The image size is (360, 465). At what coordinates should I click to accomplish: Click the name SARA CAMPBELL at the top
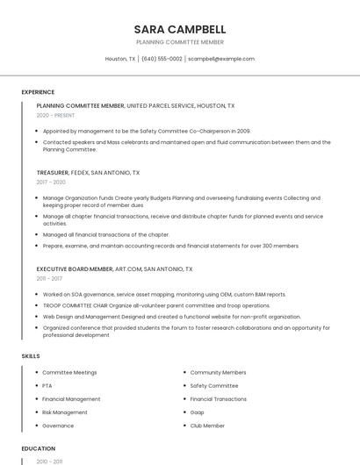[x=180, y=29]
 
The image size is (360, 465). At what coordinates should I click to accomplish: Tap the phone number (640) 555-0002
[x=162, y=59]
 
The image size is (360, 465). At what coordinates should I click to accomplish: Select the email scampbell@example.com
[x=221, y=59]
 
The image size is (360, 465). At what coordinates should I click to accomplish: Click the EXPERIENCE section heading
[x=38, y=92]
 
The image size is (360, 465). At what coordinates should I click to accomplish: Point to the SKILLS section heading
[x=31, y=356]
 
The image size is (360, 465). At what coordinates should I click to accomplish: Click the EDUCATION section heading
[x=38, y=448]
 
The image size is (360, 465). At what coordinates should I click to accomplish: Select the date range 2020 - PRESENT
[x=55, y=115]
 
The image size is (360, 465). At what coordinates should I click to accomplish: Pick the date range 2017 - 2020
[x=51, y=182]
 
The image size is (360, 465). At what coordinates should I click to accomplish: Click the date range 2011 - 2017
[x=50, y=278]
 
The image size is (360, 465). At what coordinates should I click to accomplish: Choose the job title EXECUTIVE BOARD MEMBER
[x=75, y=268]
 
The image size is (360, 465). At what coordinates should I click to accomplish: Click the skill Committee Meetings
[x=69, y=373]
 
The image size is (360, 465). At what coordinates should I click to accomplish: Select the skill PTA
[x=47, y=386]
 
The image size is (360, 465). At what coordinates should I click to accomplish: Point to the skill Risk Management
[x=65, y=412]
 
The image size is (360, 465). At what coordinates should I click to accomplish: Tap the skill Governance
[x=58, y=426]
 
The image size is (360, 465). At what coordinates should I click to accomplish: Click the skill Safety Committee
[x=214, y=386]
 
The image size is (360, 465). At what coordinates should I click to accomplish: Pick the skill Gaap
[x=198, y=412]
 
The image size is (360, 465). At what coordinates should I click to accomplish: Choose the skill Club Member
[x=207, y=426]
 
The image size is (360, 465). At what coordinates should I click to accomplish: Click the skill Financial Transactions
[x=219, y=399]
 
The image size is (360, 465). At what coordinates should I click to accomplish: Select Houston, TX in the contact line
[x=120, y=59]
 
